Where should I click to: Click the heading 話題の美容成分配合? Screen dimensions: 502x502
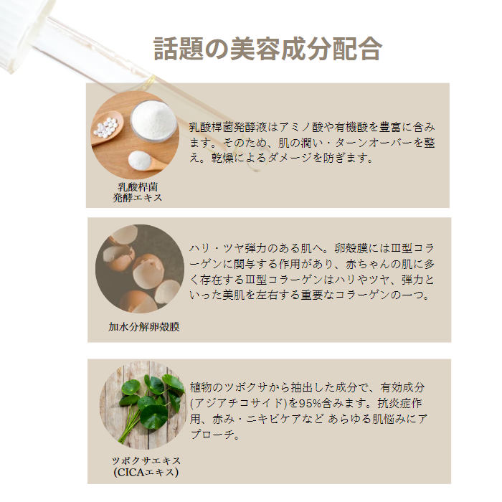tap(267, 49)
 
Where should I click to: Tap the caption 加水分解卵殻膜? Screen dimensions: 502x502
tap(143, 327)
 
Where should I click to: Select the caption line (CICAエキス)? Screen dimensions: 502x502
tap(146, 472)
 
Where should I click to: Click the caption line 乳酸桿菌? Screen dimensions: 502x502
tap(138, 186)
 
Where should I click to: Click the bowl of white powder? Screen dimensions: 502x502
tap(153, 121)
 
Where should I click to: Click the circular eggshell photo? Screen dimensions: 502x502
tap(140, 269)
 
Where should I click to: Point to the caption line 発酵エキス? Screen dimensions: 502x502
tap(138, 197)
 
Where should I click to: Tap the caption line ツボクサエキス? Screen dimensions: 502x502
tap(146, 460)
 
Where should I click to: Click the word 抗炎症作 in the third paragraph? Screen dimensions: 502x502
tap(399, 403)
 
